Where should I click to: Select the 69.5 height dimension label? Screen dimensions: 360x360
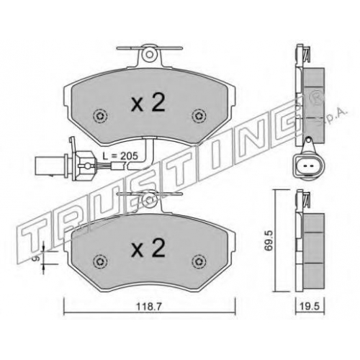click(x=269, y=240)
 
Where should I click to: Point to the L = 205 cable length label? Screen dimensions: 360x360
click(x=120, y=156)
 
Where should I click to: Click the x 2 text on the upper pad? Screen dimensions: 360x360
click(x=148, y=102)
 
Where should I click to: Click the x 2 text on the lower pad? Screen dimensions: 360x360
click(x=148, y=248)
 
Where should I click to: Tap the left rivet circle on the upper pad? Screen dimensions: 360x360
click(x=100, y=117)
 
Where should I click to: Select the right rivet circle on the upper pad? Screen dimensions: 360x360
click(x=199, y=117)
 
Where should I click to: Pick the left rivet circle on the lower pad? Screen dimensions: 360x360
click(x=100, y=261)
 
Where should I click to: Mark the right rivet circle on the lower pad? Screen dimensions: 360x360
click(x=199, y=261)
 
